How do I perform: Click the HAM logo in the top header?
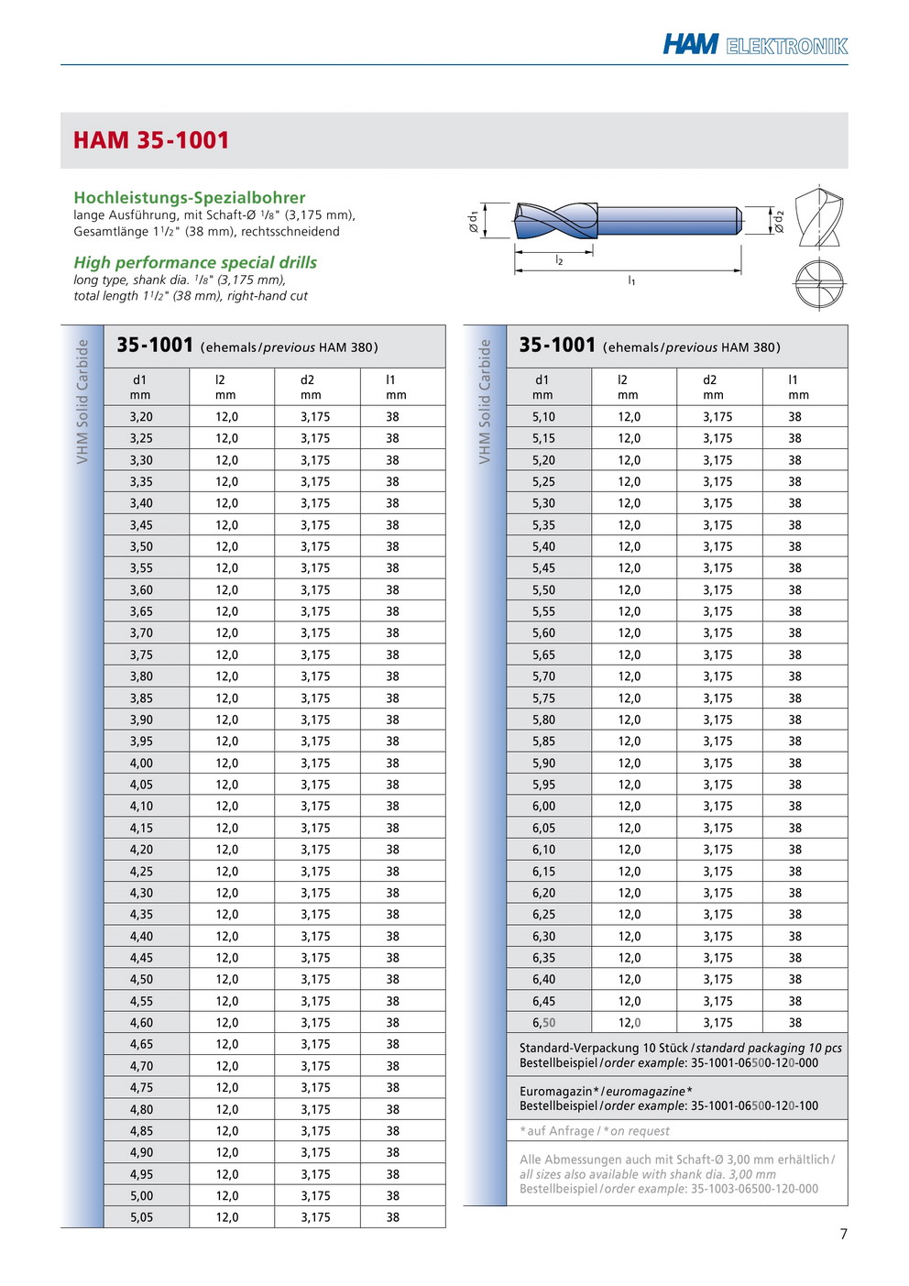click(x=691, y=44)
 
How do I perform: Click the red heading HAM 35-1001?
click(x=151, y=140)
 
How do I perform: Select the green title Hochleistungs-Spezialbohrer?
click(x=190, y=197)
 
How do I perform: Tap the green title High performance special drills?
click(x=195, y=262)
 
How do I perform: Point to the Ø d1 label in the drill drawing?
click(x=474, y=221)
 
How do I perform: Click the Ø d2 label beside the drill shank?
click(x=780, y=221)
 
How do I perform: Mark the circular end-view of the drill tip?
click(x=818, y=284)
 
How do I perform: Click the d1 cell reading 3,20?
click(x=141, y=416)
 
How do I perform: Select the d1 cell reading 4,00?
click(x=141, y=763)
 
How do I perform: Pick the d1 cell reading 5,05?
click(x=141, y=1217)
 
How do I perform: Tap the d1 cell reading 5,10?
click(x=543, y=416)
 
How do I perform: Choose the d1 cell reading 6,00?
click(x=543, y=806)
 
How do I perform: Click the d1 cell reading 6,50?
click(x=543, y=1023)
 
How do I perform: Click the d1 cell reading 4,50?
click(x=141, y=979)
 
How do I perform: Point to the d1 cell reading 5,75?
click(x=543, y=698)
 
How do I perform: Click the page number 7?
click(x=844, y=1234)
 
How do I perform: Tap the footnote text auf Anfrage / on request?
click(x=596, y=1131)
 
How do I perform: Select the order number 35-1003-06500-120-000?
click(x=754, y=1189)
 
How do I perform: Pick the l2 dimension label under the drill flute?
click(x=559, y=261)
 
